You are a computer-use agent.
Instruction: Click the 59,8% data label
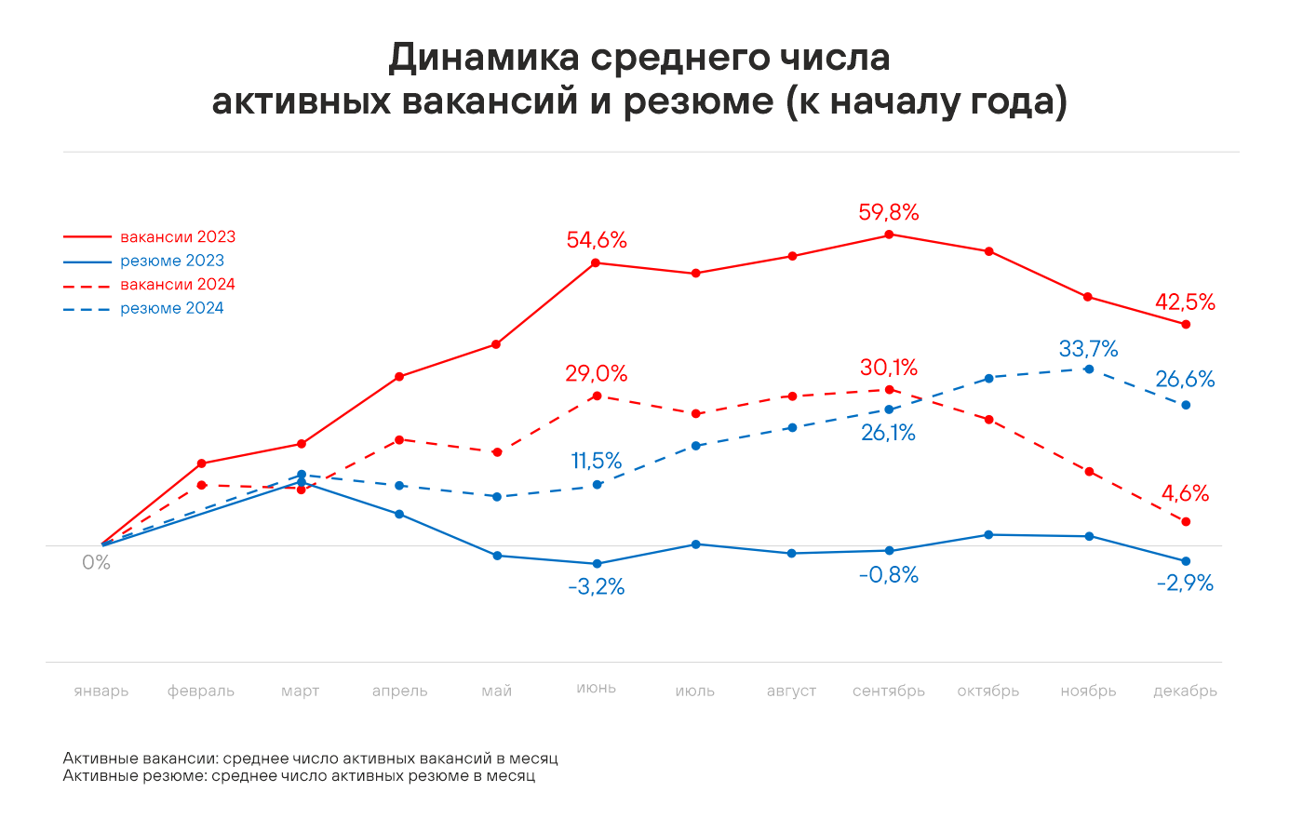tap(888, 212)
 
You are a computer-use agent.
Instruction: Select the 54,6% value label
tap(597, 240)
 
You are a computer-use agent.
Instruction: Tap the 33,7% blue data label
tap(1088, 349)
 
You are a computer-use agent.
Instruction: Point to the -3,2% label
tap(596, 587)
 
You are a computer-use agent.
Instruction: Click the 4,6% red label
tap(1185, 493)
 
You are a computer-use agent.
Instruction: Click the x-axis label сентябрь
tap(889, 691)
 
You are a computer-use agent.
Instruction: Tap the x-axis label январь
tap(101, 691)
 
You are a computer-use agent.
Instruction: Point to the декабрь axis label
tap(1185, 691)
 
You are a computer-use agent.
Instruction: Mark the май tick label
tap(497, 691)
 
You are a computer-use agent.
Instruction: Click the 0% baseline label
tap(96, 562)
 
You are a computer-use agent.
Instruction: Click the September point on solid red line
tap(889, 235)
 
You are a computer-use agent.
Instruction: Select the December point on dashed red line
tap(1186, 522)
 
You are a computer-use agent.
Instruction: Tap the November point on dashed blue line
tap(1089, 369)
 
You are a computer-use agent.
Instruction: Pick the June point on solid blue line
tap(597, 564)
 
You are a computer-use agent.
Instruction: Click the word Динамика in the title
tap(484, 58)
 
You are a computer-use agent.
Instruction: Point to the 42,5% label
tap(1185, 302)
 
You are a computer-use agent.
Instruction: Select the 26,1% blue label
tap(888, 433)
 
